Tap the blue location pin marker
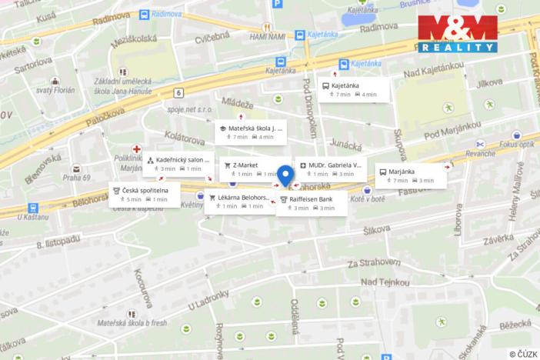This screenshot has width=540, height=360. (x=285, y=176)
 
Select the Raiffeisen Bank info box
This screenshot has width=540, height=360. (x=308, y=203)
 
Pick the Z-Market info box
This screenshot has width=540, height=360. (x=248, y=169)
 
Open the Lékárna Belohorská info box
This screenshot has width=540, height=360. (x=238, y=202)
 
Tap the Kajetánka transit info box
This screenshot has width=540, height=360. (x=355, y=89)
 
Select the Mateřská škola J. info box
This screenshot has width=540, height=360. (x=251, y=132)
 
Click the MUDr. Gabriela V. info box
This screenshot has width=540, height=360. (x=331, y=169)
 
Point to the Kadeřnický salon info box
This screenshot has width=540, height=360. (x=177, y=164)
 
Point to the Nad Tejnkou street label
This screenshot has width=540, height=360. (x=385, y=282)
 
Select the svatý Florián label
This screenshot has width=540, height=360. (x=55, y=90)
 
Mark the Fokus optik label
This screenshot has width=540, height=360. (x=515, y=143)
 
